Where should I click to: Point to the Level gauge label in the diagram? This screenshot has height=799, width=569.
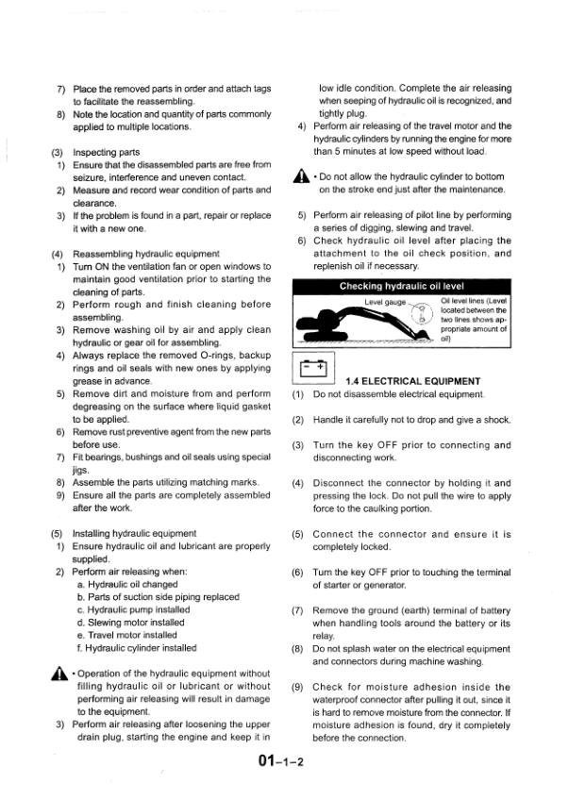(384, 302)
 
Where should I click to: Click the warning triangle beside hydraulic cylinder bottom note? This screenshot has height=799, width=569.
(300, 175)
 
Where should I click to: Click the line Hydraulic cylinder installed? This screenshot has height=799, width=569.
(142, 648)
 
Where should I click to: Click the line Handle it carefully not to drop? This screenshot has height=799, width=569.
(411, 419)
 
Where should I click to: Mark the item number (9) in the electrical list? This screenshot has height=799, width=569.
(297, 688)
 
